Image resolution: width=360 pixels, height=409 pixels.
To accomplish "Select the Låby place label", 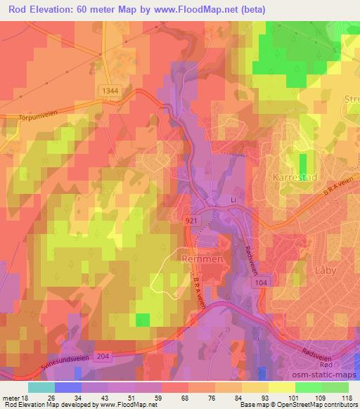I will (324, 269).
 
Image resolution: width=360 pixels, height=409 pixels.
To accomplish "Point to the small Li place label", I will (236, 201).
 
